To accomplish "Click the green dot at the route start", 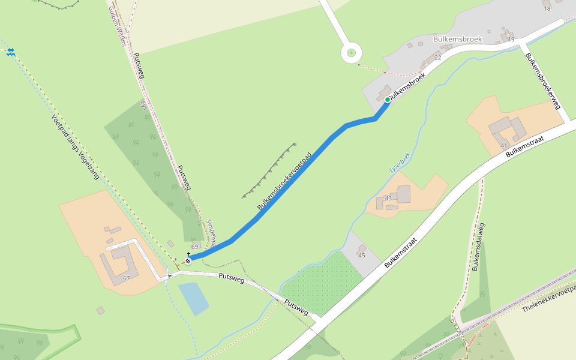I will tap(388, 100).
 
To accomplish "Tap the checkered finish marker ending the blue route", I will tap(188, 260).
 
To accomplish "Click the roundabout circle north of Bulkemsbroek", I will tap(350, 53).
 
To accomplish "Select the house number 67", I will tap(126, 278).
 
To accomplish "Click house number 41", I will tap(504, 146).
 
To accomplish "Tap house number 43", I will tap(388, 198).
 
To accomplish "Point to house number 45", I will tap(362, 256).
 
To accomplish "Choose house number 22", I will tap(437, 58).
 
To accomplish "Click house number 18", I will tap(547, 8).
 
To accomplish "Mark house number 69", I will tap(194, 247).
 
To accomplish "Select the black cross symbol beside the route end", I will tap(188, 254).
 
